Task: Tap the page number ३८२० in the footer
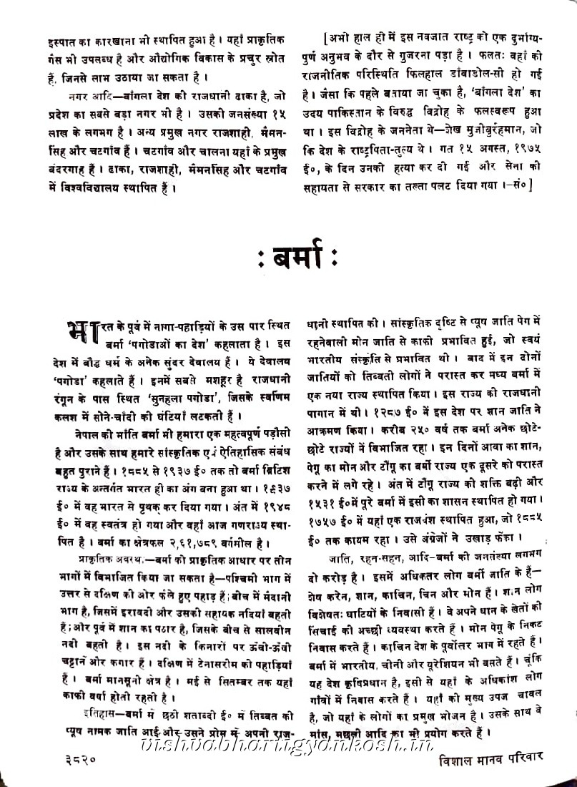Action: (x=75, y=772)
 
